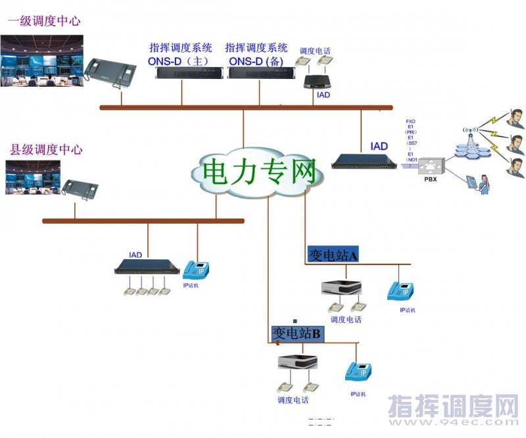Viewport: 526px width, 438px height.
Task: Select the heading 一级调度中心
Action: [43, 20]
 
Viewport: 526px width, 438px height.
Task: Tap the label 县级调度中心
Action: [46, 149]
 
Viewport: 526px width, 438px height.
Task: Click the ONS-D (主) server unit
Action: [181, 72]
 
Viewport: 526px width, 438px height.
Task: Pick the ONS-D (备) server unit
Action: [258, 72]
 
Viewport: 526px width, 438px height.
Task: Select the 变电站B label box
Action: [297, 333]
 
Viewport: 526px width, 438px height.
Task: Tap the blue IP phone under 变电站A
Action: [400, 290]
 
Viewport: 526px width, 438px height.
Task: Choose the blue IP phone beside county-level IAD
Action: [195, 270]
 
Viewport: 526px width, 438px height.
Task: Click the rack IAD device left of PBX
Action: [366, 160]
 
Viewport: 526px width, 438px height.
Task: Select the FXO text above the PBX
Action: [411, 122]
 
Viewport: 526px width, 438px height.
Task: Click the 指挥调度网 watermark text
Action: [453, 406]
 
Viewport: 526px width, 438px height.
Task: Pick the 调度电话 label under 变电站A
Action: [346, 320]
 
